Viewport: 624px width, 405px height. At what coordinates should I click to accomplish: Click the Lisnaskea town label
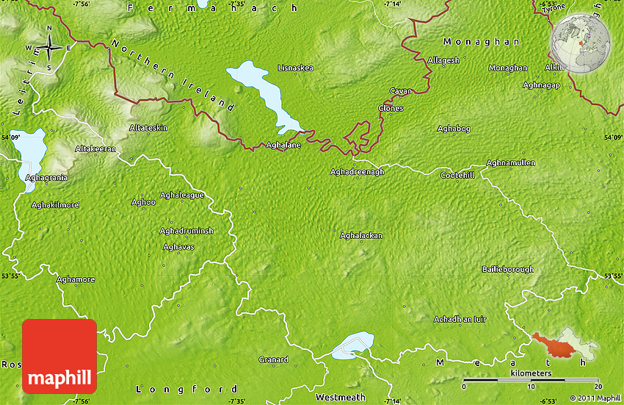click(x=295, y=68)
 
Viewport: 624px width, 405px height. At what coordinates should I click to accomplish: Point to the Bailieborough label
click(x=507, y=270)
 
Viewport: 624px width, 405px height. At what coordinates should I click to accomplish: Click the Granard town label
click(x=273, y=359)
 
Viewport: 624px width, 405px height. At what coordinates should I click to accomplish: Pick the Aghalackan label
click(x=360, y=235)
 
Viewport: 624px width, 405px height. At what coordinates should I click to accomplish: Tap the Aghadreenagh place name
click(x=358, y=171)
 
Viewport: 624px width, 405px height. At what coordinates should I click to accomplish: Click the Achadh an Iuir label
click(x=460, y=319)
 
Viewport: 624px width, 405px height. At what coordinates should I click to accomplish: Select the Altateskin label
click(x=148, y=127)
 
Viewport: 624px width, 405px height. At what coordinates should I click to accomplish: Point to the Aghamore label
click(x=76, y=279)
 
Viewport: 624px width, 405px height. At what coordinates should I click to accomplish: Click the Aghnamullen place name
click(x=511, y=162)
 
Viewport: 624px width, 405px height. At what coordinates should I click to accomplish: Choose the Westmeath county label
click(x=340, y=398)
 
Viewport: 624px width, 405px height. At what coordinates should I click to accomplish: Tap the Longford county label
click(x=188, y=389)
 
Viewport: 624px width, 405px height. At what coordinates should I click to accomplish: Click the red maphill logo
click(x=59, y=356)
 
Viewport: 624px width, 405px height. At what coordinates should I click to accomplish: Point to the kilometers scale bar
click(x=532, y=381)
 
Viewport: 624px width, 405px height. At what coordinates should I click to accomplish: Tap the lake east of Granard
click(x=352, y=345)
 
